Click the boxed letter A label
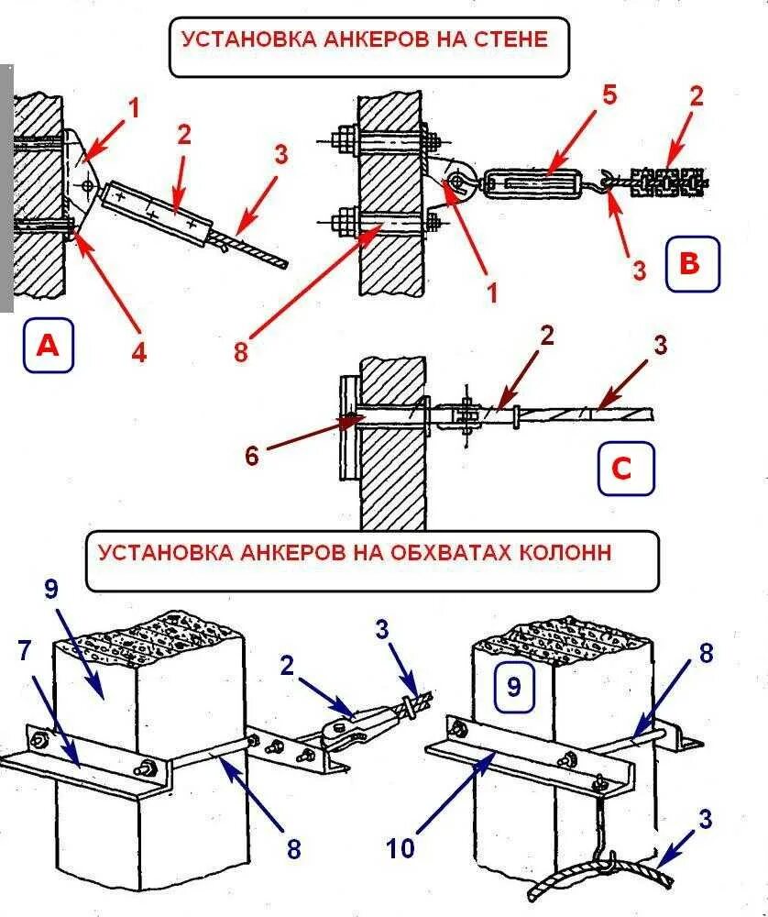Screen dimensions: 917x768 [48, 345]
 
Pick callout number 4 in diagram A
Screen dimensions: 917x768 [138, 352]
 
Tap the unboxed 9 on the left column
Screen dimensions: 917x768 [52, 589]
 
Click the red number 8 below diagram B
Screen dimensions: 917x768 [241, 350]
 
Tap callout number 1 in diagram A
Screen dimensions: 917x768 [134, 108]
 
